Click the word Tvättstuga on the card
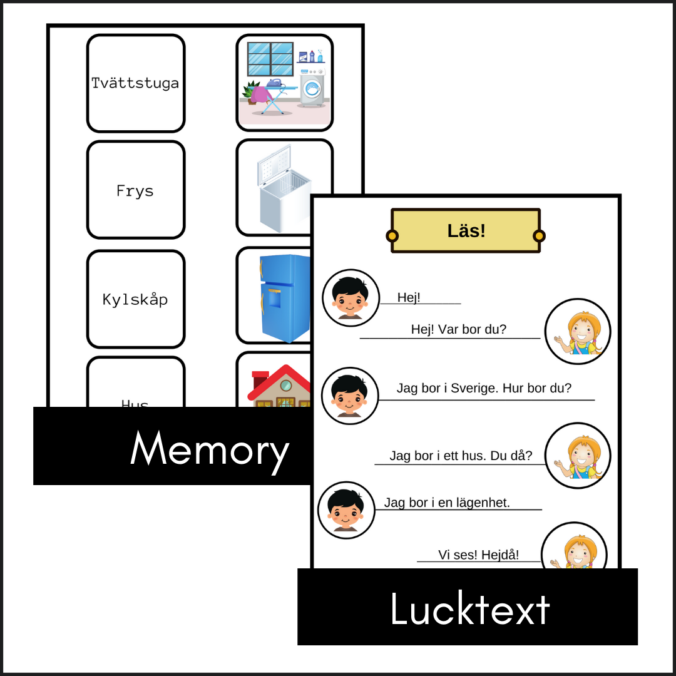click(x=135, y=83)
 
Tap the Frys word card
click(x=135, y=190)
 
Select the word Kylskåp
click(x=135, y=299)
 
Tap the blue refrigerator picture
click(x=285, y=297)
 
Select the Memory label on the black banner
click(x=209, y=449)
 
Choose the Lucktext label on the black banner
click(x=469, y=608)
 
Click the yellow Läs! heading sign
click(x=466, y=230)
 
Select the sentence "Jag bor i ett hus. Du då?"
click(x=461, y=456)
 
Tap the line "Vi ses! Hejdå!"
click(x=478, y=555)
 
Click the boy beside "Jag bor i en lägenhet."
click(x=346, y=510)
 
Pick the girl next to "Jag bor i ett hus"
click(x=577, y=455)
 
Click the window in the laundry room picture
click(x=270, y=59)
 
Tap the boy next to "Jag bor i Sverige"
click(x=350, y=394)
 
